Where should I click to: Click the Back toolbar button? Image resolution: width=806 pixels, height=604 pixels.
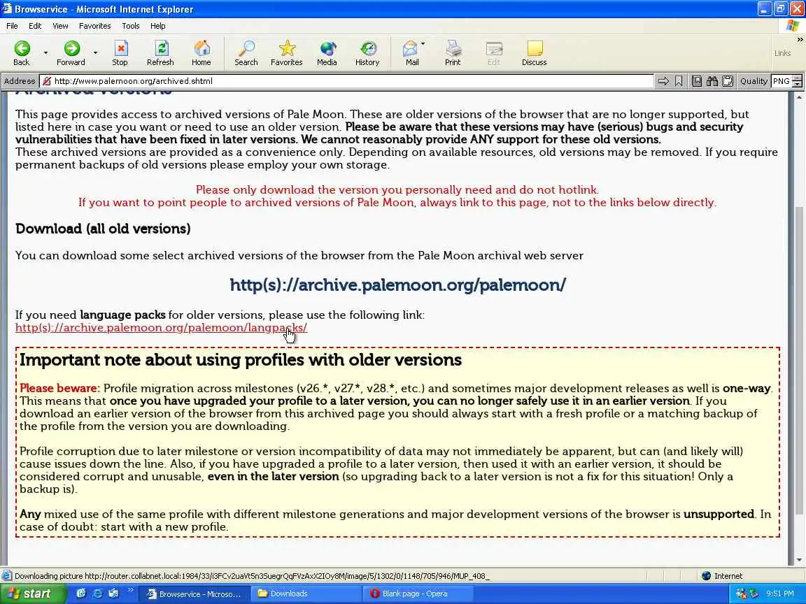[22, 52]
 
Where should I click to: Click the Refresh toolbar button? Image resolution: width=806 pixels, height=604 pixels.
[160, 52]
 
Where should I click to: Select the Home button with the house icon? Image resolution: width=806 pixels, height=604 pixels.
[201, 52]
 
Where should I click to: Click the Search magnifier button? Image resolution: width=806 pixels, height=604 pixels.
[246, 52]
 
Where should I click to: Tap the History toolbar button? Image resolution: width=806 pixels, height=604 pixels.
[367, 52]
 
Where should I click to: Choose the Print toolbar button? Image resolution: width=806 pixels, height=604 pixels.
[453, 52]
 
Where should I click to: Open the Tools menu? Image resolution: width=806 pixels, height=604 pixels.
[131, 26]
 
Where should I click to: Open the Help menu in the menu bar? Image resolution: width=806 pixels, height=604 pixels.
[158, 26]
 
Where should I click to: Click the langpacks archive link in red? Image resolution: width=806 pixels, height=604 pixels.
[161, 328]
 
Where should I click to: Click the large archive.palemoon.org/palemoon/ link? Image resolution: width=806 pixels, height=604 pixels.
[397, 285]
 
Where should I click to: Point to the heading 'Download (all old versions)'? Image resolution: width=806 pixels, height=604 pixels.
[103, 229]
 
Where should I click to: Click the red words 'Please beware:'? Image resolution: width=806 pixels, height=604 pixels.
[59, 389]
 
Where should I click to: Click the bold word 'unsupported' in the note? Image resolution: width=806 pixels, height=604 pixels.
[719, 515]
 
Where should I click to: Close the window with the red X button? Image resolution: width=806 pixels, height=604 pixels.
[796, 9]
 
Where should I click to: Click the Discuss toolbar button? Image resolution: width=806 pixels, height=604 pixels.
[534, 52]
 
